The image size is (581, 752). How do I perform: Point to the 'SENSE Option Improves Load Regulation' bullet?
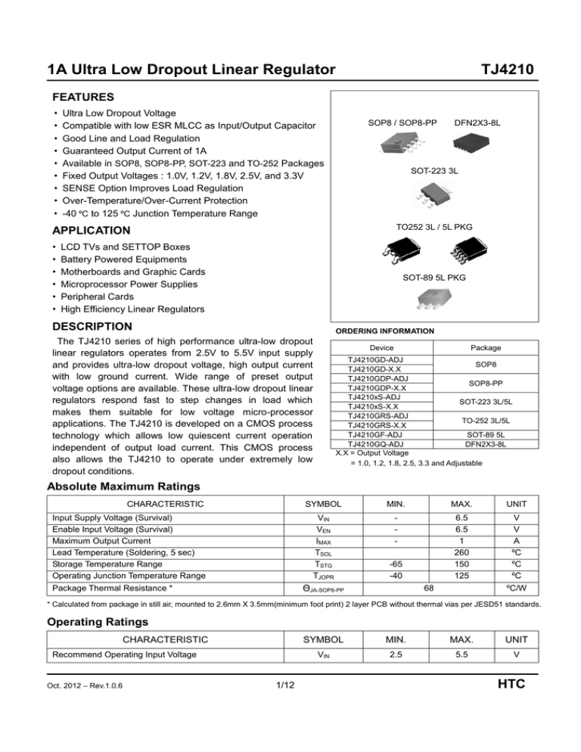tap(161, 188)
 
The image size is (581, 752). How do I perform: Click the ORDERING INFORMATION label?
tap(384, 331)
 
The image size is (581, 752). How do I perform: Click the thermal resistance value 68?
tap(429, 587)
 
